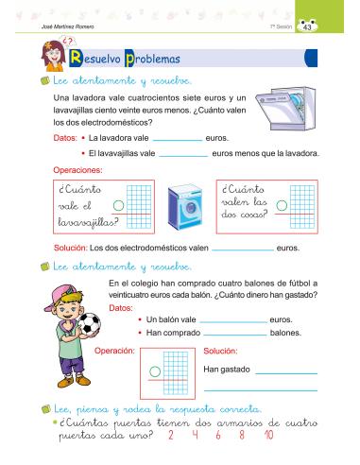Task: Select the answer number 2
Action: pyautogui.click(x=168, y=435)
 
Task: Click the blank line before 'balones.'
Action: pyautogui.click(x=234, y=336)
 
